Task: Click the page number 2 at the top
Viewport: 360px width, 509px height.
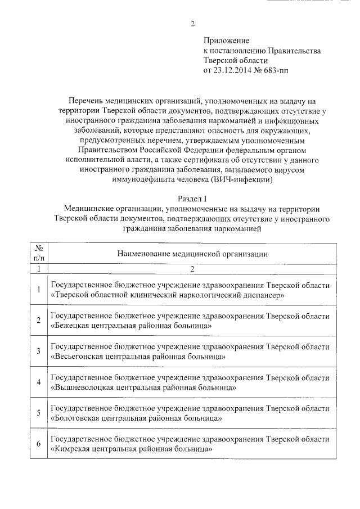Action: point(192,24)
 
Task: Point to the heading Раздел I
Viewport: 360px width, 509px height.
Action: point(192,199)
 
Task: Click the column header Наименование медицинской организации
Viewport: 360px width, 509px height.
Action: point(192,254)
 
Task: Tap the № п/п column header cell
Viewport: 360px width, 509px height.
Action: point(39,253)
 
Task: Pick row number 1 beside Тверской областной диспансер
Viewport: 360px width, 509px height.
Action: point(39,290)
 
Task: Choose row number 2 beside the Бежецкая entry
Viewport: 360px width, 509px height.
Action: point(39,321)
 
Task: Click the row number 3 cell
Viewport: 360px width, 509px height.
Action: point(39,352)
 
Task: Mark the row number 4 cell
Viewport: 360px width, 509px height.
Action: point(39,382)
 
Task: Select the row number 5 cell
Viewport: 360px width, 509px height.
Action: point(39,413)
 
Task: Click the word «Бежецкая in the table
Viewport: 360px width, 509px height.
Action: point(69,326)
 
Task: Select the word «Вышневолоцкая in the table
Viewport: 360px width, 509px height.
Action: point(81,388)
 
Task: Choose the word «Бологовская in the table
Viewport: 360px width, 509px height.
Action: point(74,418)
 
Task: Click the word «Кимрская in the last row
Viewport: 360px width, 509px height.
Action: point(69,449)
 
